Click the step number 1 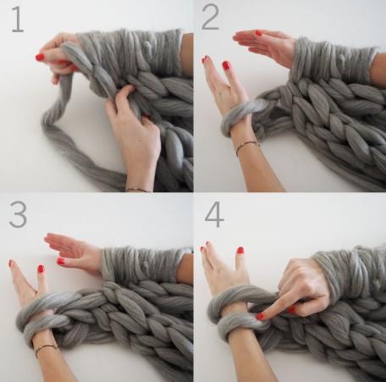(18, 19)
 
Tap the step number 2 (211, 17)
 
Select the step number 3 (18, 214)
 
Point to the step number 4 (214, 214)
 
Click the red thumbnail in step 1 (40, 58)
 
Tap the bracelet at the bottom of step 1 (137, 190)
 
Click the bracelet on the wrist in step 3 (45, 349)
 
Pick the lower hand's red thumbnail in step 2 (226, 65)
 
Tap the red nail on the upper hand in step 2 (258, 33)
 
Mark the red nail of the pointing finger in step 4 (261, 316)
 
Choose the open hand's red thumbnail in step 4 (240, 250)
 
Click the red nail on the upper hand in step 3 (61, 261)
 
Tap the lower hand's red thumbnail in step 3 (41, 269)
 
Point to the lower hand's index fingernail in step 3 (11, 263)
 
